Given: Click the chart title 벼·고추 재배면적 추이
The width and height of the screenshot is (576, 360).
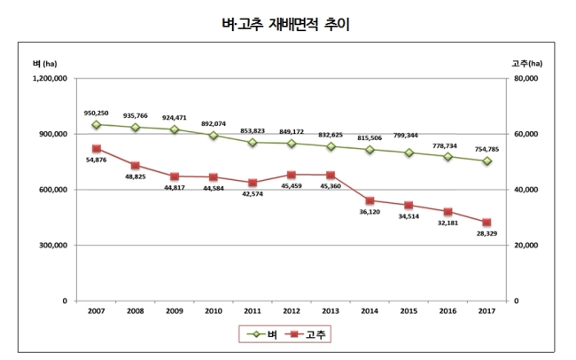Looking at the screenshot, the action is pyautogui.click(x=285, y=24).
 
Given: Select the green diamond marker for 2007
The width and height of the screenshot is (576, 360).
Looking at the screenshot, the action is pyautogui.click(x=97, y=125).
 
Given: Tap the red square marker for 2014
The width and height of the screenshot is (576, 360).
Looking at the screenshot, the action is pyautogui.click(x=370, y=200).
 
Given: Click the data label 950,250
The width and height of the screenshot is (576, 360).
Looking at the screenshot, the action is pyautogui.click(x=97, y=113).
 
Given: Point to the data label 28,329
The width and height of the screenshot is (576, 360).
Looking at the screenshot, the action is pyautogui.click(x=486, y=233).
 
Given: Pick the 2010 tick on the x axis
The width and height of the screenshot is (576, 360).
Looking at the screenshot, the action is pyautogui.click(x=214, y=311).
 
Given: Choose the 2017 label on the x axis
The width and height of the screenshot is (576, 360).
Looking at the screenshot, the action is pyautogui.click(x=486, y=311).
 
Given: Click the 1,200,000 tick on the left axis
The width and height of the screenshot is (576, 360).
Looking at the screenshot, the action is pyautogui.click(x=50, y=78).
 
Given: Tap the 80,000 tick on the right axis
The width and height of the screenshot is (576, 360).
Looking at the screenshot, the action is pyautogui.click(x=526, y=78).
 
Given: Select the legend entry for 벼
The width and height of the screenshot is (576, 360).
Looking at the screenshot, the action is pyautogui.click(x=262, y=334).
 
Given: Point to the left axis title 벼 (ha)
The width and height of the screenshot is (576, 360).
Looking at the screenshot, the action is pyautogui.click(x=45, y=64).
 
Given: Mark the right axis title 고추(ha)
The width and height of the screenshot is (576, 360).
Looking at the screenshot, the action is pyautogui.click(x=526, y=64).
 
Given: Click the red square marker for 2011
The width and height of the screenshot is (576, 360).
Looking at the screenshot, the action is pyautogui.click(x=253, y=183).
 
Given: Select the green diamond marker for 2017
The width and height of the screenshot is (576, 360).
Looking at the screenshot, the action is pyautogui.click(x=487, y=161).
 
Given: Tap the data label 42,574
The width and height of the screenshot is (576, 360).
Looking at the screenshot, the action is pyautogui.click(x=253, y=194).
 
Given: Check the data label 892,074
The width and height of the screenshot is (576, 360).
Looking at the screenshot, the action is pyautogui.click(x=214, y=124).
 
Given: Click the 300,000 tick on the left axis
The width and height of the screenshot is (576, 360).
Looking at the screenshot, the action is pyautogui.click(x=53, y=246).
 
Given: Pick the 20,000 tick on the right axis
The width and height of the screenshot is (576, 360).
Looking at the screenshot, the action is pyautogui.click(x=526, y=246).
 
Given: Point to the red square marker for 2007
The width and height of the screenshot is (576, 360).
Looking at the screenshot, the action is pyautogui.click(x=97, y=149).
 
